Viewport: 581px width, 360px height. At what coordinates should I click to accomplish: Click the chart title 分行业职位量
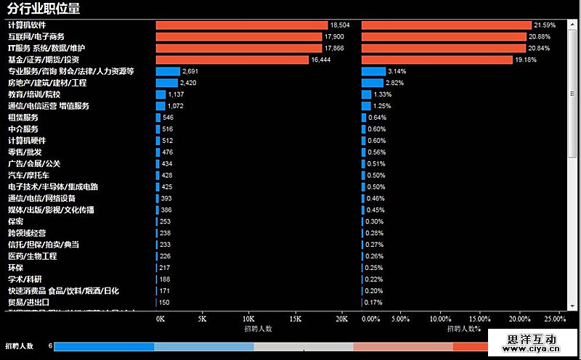[44, 9]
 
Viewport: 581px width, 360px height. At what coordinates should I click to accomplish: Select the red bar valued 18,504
[241, 25]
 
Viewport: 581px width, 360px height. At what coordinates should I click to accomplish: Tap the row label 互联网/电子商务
[36, 36]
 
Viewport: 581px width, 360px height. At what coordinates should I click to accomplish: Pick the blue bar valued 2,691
[167, 71]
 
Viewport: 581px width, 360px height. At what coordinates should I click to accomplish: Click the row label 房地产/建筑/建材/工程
[47, 83]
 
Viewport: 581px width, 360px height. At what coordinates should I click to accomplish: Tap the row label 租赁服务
[23, 118]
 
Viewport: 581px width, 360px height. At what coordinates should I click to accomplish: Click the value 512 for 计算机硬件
[168, 141]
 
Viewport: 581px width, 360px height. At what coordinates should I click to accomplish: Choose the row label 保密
[15, 221]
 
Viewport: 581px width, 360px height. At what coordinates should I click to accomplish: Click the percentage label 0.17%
[373, 303]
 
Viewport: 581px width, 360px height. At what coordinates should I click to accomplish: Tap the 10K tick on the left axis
[248, 319]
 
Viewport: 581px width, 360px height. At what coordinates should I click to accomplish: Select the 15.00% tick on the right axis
[478, 319]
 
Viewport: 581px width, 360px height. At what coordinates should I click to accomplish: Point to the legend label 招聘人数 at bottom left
[20, 346]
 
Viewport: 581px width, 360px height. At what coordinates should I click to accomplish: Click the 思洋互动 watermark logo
[532, 340]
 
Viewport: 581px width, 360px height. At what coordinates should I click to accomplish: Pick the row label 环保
[15, 268]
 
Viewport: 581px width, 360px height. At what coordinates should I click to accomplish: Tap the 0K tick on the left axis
[161, 319]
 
